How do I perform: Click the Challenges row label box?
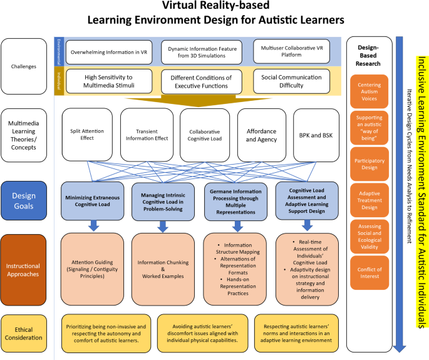coord(26,65)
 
